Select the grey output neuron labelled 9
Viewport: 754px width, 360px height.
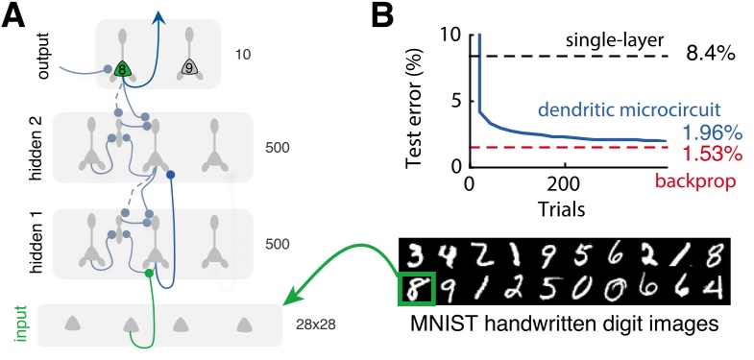(x=190, y=68)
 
